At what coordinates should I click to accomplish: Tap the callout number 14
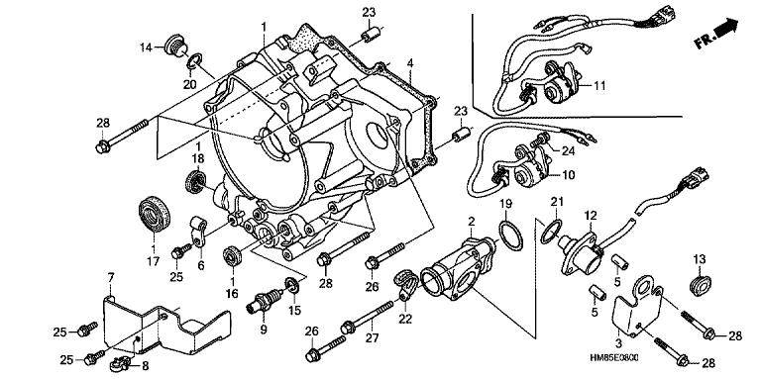[146, 47]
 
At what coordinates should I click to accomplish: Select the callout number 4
[410, 63]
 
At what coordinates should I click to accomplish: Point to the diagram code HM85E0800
[614, 357]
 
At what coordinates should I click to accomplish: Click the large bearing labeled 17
[155, 214]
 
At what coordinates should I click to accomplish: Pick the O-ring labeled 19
[511, 236]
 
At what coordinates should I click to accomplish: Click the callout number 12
[591, 215]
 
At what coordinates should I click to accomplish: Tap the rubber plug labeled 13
[700, 284]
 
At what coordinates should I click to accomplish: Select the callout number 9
[264, 330]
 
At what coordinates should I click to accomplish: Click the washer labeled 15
[292, 285]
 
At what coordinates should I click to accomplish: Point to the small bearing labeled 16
[232, 256]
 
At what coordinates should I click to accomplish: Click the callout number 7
[111, 277]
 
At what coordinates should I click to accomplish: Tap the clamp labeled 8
[119, 362]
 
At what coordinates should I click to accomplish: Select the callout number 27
[372, 337]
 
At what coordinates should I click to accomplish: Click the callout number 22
[405, 319]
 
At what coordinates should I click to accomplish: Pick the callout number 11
[599, 86]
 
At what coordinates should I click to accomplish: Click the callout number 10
[569, 173]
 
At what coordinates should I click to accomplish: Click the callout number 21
[557, 202]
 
